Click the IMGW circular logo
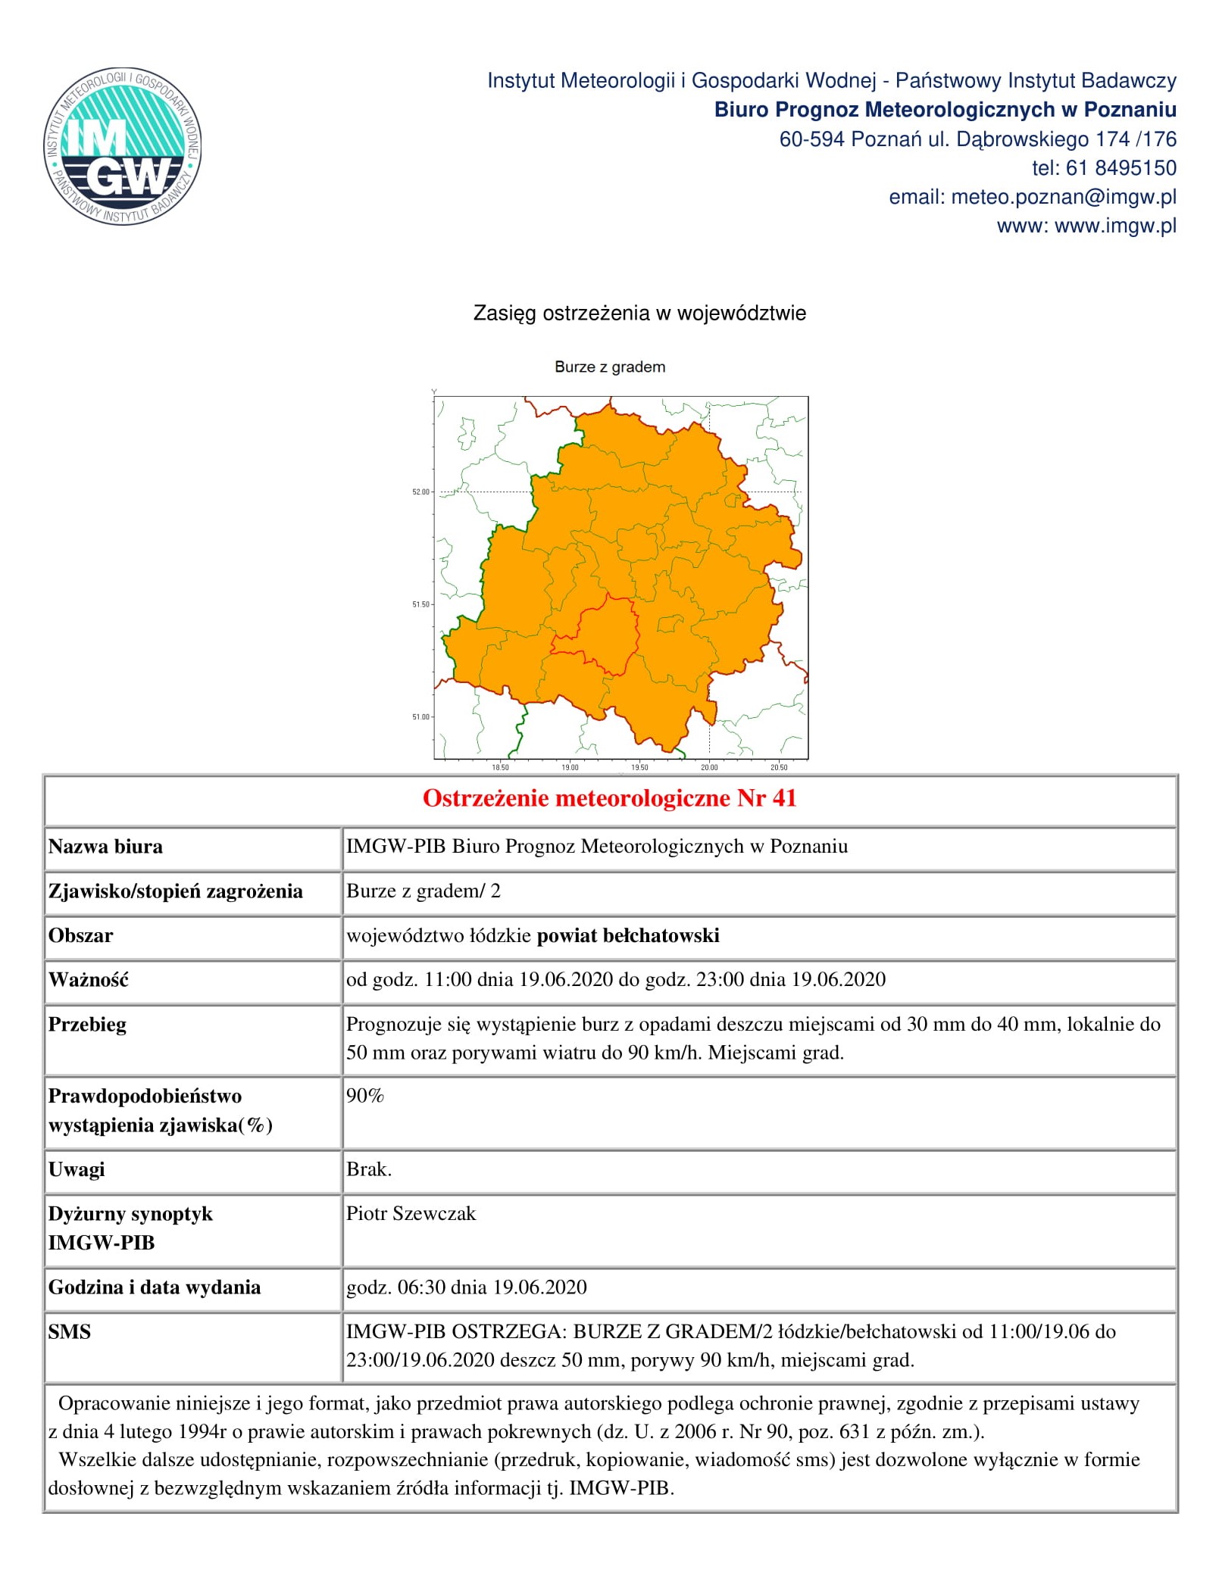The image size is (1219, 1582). click(122, 147)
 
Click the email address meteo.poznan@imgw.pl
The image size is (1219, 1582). click(1063, 197)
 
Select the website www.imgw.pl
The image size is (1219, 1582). click(1115, 226)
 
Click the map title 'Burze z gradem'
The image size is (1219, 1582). click(610, 367)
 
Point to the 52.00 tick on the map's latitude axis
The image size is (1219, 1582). click(421, 492)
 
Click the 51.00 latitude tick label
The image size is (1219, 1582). click(421, 717)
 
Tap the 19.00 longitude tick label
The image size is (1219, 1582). click(570, 768)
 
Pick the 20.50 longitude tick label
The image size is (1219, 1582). click(779, 768)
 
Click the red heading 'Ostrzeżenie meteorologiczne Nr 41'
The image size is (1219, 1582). click(609, 798)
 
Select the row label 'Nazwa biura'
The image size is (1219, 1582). click(105, 847)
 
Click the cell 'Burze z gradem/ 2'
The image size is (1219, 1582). click(423, 891)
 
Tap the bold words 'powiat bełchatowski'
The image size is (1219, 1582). click(628, 936)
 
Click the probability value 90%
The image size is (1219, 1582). click(365, 1096)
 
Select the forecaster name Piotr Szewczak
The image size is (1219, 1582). click(411, 1214)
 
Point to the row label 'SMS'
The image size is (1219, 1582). click(69, 1332)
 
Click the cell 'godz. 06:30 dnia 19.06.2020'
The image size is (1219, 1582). click(467, 1287)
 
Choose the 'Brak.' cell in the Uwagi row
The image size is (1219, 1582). click(369, 1170)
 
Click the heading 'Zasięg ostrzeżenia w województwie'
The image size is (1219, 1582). click(639, 314)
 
